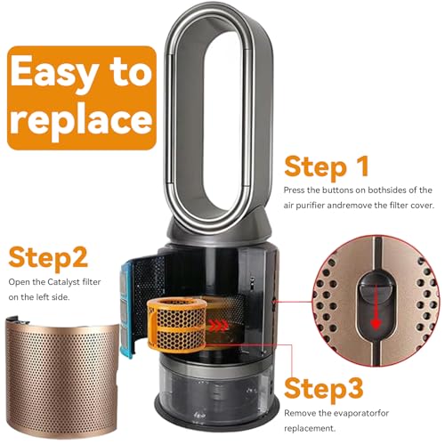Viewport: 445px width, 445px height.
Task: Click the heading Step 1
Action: pyautogui.click(x=327, y=167)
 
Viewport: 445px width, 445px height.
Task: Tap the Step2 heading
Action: pyautogui.click(x=48, y=258)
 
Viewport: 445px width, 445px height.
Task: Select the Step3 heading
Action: pyautogui.click(x=324, y=390)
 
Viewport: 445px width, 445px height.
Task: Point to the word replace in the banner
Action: pyautogui.click(x=81, y=119)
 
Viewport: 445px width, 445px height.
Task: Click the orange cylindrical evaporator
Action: pyautogui.click(x=177, y=325)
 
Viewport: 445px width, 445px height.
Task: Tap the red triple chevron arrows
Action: pyautogui.click(x=219, y=326)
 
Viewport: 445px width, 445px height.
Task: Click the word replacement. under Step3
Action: pyautogui.click(x=310, y=429)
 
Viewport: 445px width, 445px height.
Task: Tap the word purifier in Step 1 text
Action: pyautogui.click(x=310, y=206)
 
